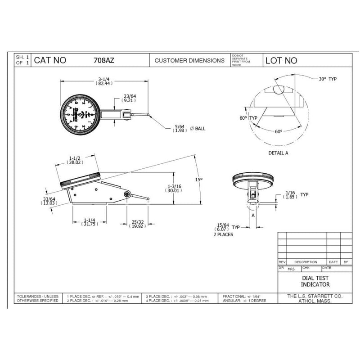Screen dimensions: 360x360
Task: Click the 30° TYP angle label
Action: coord(328,79)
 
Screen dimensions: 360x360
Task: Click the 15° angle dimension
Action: coord(199,179)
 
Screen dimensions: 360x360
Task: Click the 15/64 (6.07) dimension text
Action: coord(222,227)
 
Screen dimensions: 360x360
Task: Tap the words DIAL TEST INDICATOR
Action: coord(315,282)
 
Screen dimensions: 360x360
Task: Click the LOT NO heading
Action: coord(282,60)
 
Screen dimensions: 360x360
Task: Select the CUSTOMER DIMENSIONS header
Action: coord(189,60)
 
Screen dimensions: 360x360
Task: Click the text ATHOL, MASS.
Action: coord(315,301)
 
